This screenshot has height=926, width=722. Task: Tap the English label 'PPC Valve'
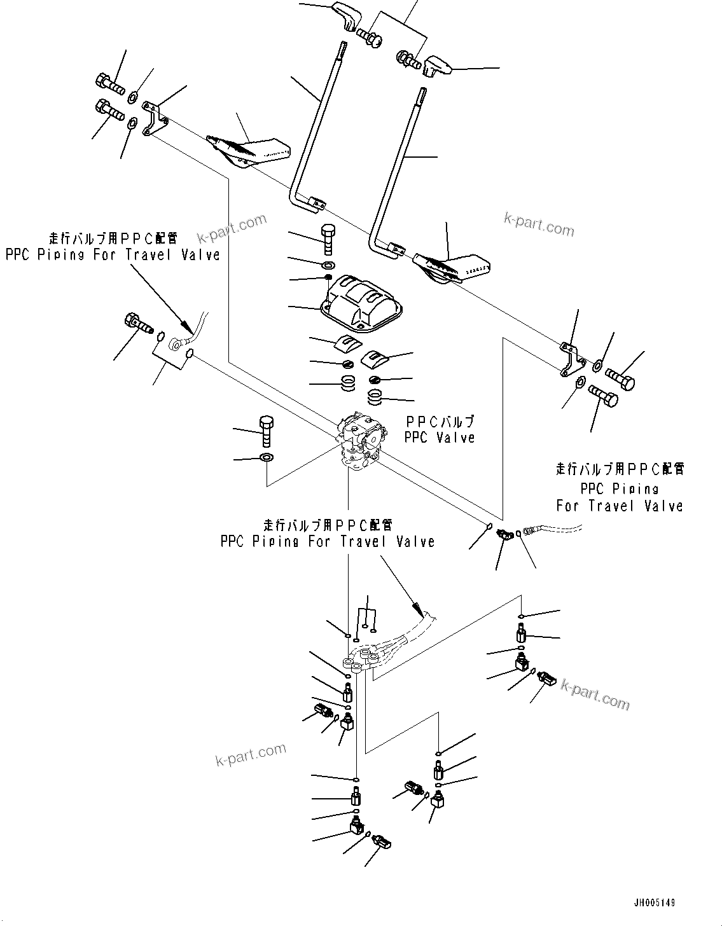440,438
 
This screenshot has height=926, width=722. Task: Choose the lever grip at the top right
436,64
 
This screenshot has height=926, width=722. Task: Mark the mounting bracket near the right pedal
571,359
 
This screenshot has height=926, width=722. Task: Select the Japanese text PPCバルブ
440,422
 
